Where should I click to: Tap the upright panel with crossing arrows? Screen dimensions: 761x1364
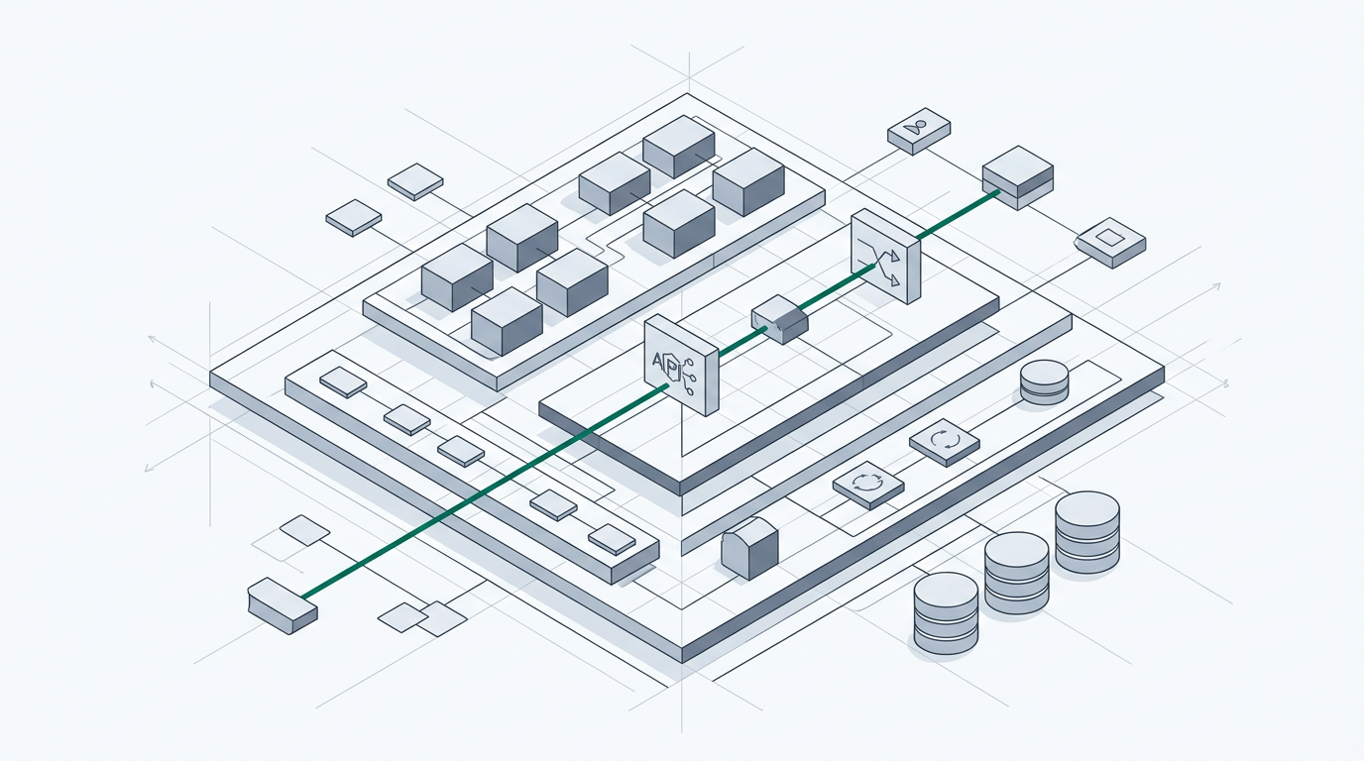(x=885, y=256)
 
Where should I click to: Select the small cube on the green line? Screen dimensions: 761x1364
(x=780, y=318)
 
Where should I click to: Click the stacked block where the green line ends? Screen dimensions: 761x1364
(x=1017, y=176)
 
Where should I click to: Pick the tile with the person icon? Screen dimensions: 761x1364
(x=919, y=130)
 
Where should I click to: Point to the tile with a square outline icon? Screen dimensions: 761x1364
(x=1110, y=241)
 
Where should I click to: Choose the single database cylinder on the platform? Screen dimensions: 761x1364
(x=1044, y=381)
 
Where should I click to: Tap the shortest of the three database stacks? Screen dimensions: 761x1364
(x=946, y=612)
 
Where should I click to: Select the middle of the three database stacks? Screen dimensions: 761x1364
(x=1016, y=572)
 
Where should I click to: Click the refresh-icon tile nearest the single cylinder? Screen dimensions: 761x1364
(x=944, y=441)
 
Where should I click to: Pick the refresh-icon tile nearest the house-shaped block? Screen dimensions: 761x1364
(x=868, y=485)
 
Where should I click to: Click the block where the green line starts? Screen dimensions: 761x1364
(x=283, y=605)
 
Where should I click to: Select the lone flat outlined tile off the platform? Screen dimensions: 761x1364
(x=304, y=530)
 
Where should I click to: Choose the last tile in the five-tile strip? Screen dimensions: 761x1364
(x=612, y=538)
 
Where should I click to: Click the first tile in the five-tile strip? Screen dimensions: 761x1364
(x=343, y=381)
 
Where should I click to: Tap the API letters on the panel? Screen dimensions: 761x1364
(x=664, y=363)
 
